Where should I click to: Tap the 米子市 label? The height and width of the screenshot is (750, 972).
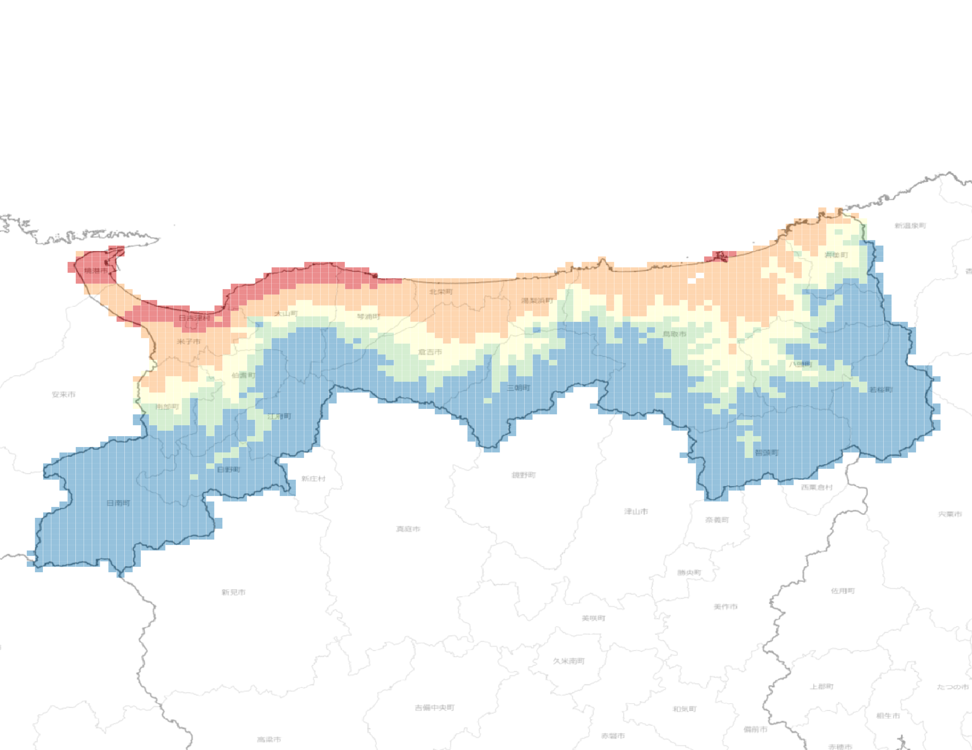coord(189,342)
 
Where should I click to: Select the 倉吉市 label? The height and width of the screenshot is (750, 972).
coord(430,352)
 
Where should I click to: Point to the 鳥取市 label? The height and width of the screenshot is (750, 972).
coord(674,334)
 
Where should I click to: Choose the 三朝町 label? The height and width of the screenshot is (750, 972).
coord(519,388)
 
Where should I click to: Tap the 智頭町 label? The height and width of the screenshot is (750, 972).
coord(766,453)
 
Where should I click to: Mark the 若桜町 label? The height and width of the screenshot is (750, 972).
coord(881,390)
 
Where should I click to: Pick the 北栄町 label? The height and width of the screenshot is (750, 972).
coord(441,292)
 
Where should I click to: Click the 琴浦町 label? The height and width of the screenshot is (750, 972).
coord(369,317)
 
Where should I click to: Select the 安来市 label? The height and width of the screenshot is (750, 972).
coord(64,394)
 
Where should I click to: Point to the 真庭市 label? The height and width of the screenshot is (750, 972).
coord(408,529)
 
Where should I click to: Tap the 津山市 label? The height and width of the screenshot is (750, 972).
coord(636,512)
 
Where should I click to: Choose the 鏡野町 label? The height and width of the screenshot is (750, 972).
coord(524,475)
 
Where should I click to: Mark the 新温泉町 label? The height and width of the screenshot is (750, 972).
coord(910,226)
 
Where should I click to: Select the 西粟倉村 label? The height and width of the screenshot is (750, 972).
coord(817,487)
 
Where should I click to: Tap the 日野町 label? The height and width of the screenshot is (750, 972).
coord(228,469)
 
